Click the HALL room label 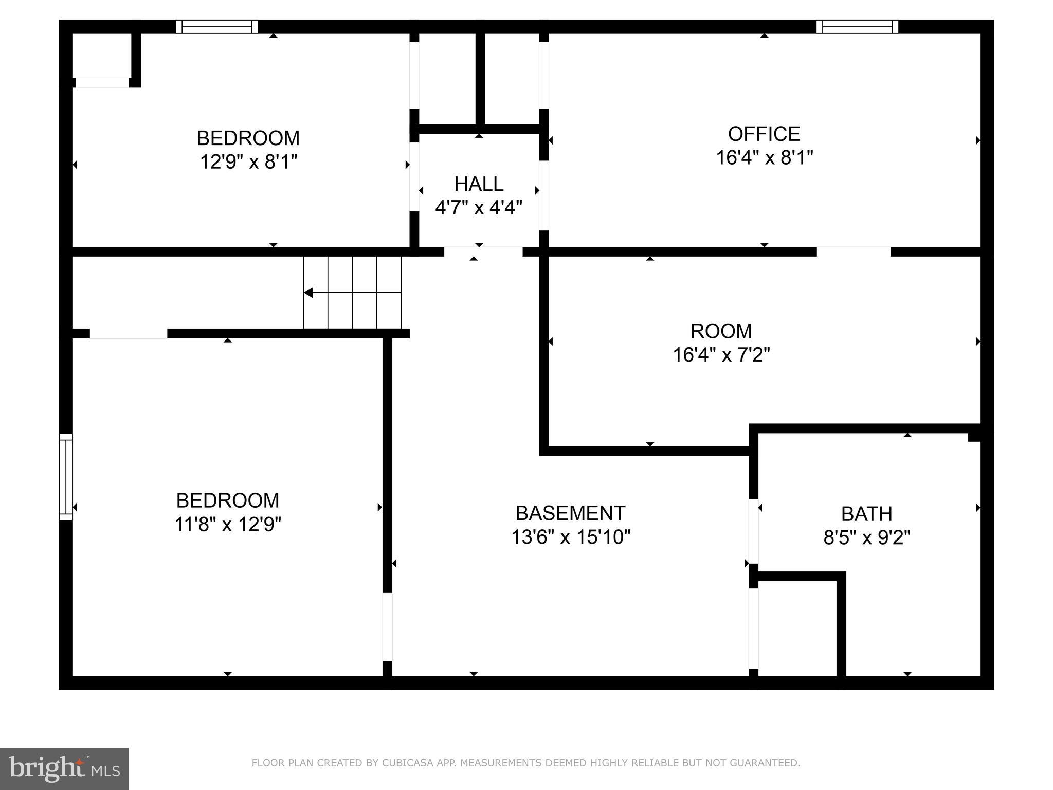point(478,184)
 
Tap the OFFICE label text point(764,134)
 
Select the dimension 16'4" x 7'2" point(721,355)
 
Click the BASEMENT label point(570,513)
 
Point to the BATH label point(866,514)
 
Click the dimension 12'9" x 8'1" point(248,162)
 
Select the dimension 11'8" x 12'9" point(228,525)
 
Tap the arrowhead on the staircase point(308,293)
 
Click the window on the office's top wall point(857,26)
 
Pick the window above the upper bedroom point(216,26)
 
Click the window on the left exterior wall point(66,476)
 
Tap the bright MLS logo point(64,768)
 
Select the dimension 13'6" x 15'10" point(570,537)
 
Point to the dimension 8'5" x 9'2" point(866,538)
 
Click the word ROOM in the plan point(721,331)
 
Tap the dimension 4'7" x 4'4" point(478,208)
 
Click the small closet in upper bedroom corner point(102,56)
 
